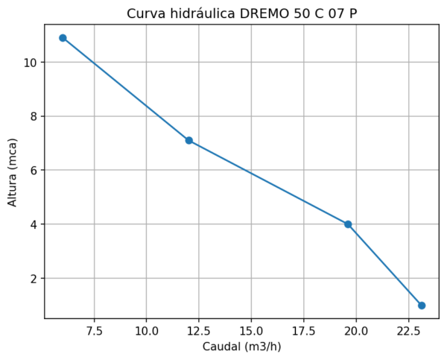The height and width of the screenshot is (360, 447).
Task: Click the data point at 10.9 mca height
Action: (63, 38)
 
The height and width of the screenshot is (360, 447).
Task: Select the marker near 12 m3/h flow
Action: (189, 140)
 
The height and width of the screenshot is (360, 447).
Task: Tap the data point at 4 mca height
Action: (348, 224)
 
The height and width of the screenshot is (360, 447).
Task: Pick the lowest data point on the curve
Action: (422, 306)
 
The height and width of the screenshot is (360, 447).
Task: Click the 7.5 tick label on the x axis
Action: (94, 329)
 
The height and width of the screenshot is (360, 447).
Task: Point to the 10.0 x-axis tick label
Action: (146, 329)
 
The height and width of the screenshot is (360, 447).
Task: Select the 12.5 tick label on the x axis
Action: (199, 329)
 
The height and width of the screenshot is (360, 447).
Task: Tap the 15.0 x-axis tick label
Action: (251, 329)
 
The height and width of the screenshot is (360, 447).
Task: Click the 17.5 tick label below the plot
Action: (303, 329)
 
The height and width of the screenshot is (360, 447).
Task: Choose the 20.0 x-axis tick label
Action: (356, 329)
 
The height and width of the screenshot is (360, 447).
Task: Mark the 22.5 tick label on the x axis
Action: (408, 329)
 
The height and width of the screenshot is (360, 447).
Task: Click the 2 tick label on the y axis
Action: (34, 279)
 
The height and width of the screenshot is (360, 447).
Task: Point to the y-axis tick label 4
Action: (34, 224)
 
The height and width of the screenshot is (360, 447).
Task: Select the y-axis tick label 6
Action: (34, 171)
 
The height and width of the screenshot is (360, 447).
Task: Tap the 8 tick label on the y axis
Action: (34, 116)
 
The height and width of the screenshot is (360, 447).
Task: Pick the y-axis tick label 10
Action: (31, 63)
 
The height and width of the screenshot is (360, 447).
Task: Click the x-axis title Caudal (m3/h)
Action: (241, 347)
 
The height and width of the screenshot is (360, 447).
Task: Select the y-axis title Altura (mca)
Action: (13, 171)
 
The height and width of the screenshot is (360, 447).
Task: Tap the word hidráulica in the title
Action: (199, 13)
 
